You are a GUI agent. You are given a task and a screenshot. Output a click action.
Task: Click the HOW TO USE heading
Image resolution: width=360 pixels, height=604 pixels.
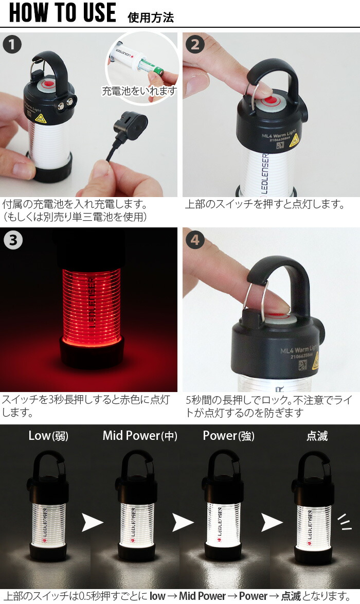tap(63, 13)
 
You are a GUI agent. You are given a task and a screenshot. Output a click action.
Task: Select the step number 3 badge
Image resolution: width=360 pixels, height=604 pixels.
tap(13, 240)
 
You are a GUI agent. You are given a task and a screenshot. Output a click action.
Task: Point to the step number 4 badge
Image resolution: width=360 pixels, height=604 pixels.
tap(194, 240)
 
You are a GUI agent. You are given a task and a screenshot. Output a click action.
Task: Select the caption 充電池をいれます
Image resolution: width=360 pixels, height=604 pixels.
tap(139, 91)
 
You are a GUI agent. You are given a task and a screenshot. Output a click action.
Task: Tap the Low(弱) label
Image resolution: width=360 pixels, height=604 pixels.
tap(48, 436)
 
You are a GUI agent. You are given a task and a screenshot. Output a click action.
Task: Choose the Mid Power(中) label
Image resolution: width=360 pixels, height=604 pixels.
tap(140, 436)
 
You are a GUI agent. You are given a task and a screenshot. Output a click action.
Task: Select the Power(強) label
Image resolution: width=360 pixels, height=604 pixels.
tap(228, 436)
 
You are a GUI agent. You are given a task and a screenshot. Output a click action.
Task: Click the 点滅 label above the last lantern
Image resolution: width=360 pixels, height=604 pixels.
tap(317, 436)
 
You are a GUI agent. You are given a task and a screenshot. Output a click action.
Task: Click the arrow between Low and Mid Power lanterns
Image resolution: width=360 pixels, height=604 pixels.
tap(93, 523)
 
